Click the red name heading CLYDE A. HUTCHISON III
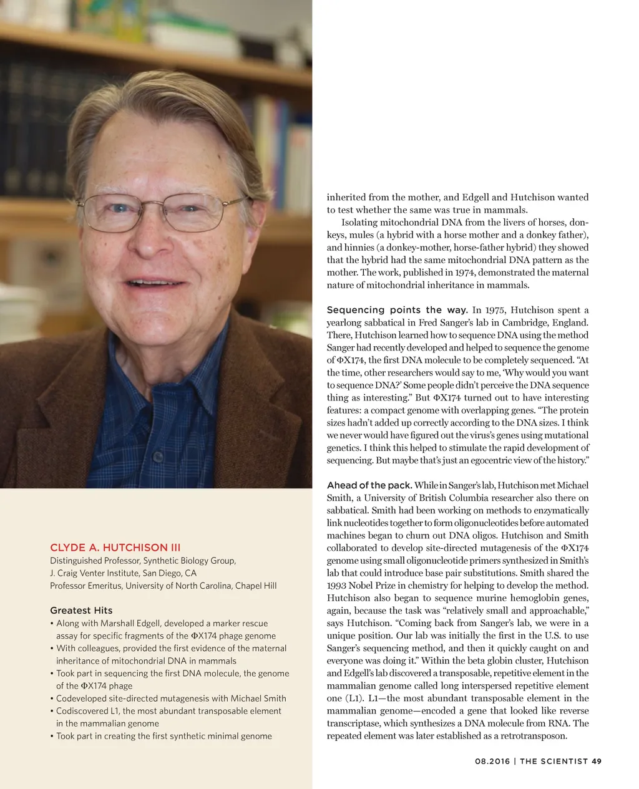(115, 548)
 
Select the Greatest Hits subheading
(81, 610)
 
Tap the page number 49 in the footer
(596, 761)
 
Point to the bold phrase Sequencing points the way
(398, 310)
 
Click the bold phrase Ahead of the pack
(369, 485)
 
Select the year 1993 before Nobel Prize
(338, 586)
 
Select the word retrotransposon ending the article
(531, 736)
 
